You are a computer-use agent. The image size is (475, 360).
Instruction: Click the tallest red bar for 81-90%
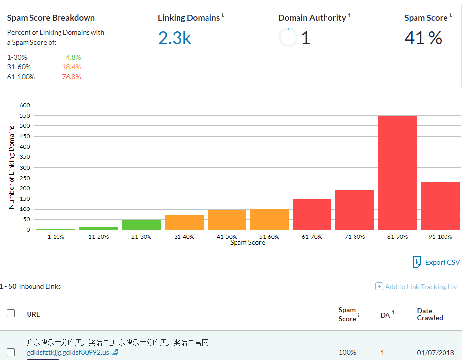point(397,173)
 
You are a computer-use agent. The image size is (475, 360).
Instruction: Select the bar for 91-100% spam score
point(440,206)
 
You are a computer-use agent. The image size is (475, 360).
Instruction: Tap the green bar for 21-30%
point(142,225)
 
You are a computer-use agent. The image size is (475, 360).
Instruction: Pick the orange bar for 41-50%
point(227,220)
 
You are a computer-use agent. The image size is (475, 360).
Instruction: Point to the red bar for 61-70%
point(312,214)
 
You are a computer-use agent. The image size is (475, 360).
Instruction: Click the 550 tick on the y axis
point(25,116)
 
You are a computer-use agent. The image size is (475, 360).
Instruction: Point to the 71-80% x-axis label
point(355,237)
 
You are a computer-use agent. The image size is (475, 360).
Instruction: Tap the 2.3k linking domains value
point(175,38)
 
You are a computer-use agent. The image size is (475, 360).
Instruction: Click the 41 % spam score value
point(423,38)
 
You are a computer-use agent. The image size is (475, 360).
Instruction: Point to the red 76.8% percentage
point(71,77)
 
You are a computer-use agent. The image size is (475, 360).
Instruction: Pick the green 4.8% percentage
point(73,57)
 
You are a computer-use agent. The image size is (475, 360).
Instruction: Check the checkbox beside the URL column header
point(11,313)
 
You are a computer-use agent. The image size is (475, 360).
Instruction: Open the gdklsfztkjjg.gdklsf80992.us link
point(68,352)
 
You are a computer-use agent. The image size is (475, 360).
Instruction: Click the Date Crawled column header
point(430,314)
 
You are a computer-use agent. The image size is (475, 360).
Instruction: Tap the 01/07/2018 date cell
point(436,353)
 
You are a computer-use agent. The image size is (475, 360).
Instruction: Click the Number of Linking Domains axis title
point(11,167)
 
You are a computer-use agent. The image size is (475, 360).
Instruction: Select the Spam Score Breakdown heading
point(51,18)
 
